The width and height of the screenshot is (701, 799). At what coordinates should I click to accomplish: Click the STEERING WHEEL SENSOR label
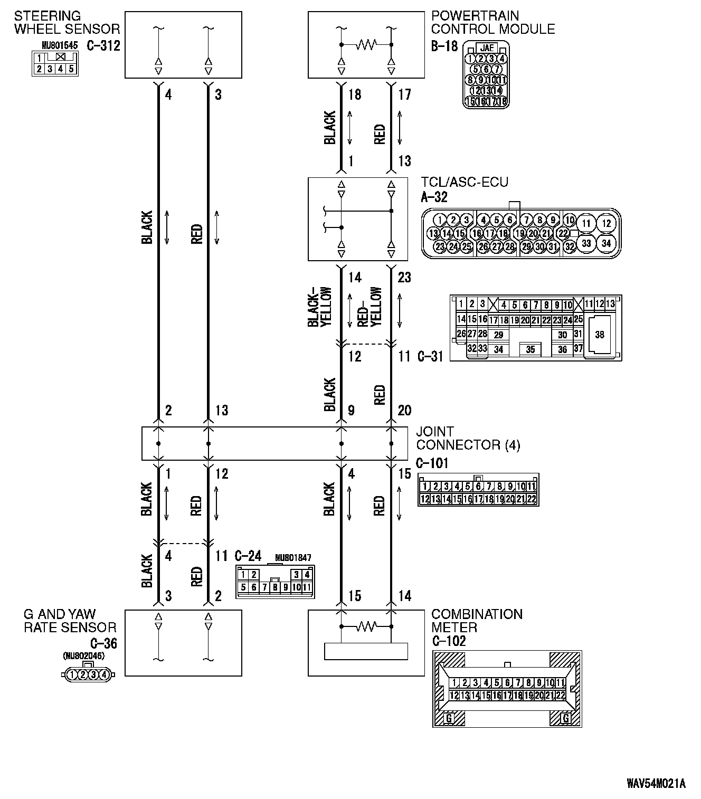coord(67,23)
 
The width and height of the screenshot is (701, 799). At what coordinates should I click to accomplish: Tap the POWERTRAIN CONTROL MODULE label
coord(493,23)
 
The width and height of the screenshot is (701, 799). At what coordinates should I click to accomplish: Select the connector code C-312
coord(103,45)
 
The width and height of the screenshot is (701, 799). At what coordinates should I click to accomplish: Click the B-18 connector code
coord(444,46)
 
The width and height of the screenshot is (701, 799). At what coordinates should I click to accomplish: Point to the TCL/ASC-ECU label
coord(465,183)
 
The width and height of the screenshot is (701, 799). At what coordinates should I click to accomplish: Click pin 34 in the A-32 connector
coord(606,243)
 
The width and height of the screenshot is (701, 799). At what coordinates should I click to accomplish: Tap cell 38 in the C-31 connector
coord(599,334)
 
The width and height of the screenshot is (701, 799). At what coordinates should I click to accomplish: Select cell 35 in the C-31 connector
coord(530,349)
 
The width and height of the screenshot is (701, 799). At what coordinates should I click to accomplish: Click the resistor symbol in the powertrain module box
coord(366,45)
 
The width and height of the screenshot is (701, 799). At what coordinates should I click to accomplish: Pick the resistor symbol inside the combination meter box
coord(366,626)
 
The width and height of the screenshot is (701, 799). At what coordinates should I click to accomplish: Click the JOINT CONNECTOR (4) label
coord(468,439)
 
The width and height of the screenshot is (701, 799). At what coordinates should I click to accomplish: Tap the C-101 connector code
coord(432,463)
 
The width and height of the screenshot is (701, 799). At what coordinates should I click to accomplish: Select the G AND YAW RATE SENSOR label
coord(70,621)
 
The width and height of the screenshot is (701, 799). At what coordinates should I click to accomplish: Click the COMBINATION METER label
coord(477,621)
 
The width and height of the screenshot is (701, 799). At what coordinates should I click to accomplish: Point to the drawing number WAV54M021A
coord(656,783)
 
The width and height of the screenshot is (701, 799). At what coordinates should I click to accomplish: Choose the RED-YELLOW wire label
coord(370,307)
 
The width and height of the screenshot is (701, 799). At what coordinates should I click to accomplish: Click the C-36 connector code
coord(103,643)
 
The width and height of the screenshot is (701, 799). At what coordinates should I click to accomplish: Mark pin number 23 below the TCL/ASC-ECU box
coord(404,277)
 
